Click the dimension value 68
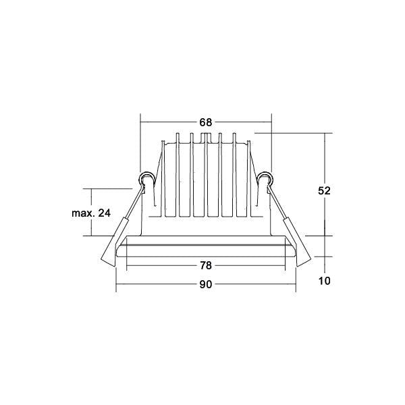coord(206,122)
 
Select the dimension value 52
coord(324,190)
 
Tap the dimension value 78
coord(206,265)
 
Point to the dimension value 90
coord(206,284)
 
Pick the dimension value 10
coord(324,281)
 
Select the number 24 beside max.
coord(105,213)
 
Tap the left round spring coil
coord(146,179)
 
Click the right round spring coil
coord(265,179)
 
